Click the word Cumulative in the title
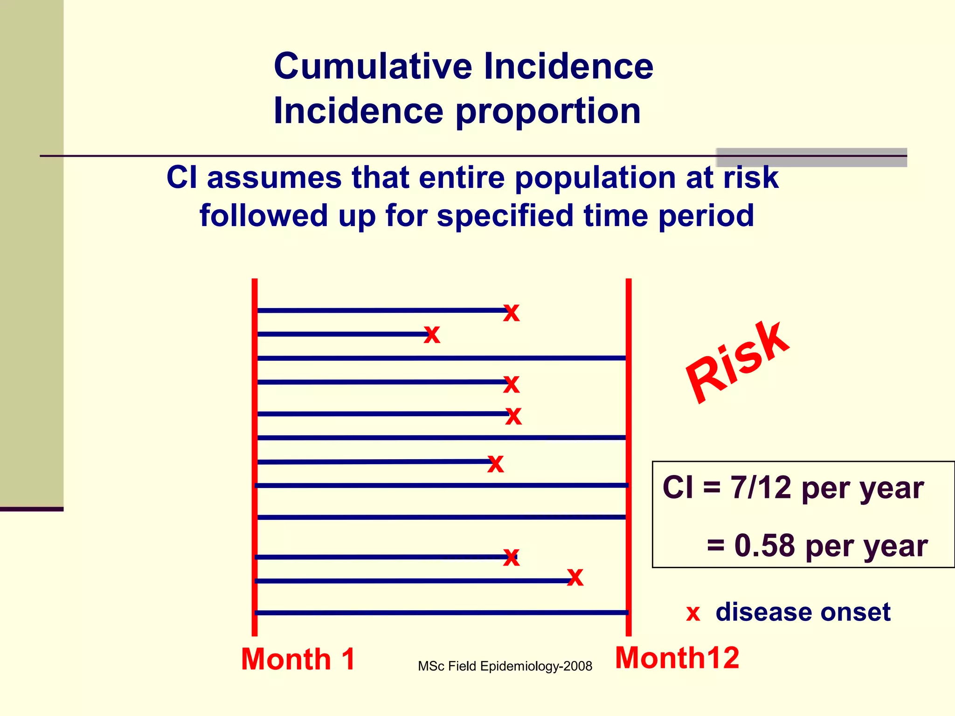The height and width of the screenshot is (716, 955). [373, 66]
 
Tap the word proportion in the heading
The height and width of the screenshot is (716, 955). [548, 112]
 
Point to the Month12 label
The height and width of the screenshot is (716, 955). [677, 658]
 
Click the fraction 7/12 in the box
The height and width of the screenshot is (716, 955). [761, 488]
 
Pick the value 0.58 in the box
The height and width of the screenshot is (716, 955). [764, 545]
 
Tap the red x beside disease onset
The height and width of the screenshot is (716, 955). [693, 613]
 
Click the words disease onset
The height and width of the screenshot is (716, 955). [803, 612]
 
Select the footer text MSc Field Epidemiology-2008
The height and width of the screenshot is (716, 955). [505, 666]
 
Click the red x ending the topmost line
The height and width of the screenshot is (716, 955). [512, 312]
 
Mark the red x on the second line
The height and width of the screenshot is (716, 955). [432, 334]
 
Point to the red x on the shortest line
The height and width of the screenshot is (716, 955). [432, 334]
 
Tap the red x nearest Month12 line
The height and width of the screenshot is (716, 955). [575, 578]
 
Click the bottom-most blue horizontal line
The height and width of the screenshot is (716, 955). [441, 613]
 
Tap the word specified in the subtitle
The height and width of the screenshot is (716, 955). [505, 215]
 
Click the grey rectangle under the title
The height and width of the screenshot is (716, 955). [811, 158]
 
